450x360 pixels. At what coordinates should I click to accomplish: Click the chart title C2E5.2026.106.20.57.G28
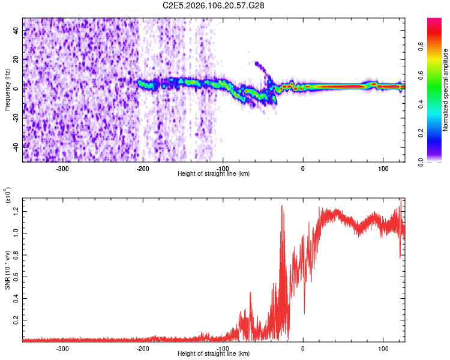pyautogui.click(x=214, y=5)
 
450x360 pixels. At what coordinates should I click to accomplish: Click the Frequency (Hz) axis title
pyautogui.click(x=7, y=89)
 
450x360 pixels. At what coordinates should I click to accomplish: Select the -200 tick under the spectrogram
pyautogui.click(x=143, y=169)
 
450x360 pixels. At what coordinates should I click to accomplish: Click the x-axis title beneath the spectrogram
pyautogui.click(x=214, y=173)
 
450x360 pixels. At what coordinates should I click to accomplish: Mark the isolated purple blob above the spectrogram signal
pyautogui.click(x=258, y=63)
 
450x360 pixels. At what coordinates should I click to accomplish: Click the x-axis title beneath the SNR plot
pyautogui.click(x=214, y=353)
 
